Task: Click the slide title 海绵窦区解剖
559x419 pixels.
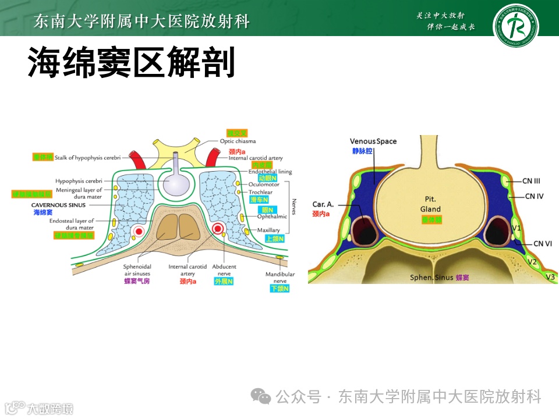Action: (132, 63)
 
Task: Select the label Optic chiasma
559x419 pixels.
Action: (238, 141)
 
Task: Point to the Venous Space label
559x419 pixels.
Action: (373, 141)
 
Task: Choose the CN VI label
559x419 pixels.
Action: (543, 243)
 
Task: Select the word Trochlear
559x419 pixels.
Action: (260, 192)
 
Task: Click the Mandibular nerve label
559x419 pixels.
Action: (280, 278)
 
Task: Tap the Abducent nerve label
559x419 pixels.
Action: (223, 270)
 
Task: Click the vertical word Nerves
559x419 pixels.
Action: (295, 207)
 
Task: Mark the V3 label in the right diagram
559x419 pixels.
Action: (550, 276)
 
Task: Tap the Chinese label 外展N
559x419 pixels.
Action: (223, 282)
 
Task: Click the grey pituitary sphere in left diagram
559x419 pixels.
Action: (175, 184)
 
